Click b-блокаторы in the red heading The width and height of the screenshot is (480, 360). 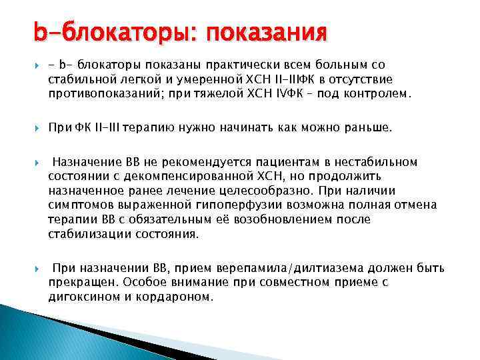109,32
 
